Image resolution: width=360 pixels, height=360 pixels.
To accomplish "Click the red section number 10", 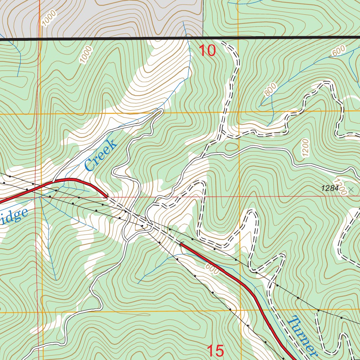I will [x=207, y=51].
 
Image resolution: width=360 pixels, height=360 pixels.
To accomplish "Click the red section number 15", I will [x=215, y=351].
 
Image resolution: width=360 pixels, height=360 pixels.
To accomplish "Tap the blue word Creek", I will [x=101, y=155].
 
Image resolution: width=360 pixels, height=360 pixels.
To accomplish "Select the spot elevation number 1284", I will [x=329, y=188].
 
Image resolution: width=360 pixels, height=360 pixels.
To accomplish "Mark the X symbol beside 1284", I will [x=351, y=190].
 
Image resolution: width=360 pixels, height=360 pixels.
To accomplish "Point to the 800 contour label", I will [x=270, y=90].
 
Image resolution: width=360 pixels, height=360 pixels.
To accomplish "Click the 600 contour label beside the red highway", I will [x=212, y=269].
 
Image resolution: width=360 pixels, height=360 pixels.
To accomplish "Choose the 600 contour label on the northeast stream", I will [x=338, y=51].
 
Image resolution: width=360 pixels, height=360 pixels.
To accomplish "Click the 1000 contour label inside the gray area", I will [x=49, y=18].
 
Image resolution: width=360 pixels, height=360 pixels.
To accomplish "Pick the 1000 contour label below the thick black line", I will [x=85, y=54].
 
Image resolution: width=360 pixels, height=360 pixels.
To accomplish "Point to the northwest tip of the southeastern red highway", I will [x=181, y=243].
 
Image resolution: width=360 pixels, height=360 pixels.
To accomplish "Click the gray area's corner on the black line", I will [x=203, y=37].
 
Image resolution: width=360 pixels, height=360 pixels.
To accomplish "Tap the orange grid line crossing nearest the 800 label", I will [x=239, y=112].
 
